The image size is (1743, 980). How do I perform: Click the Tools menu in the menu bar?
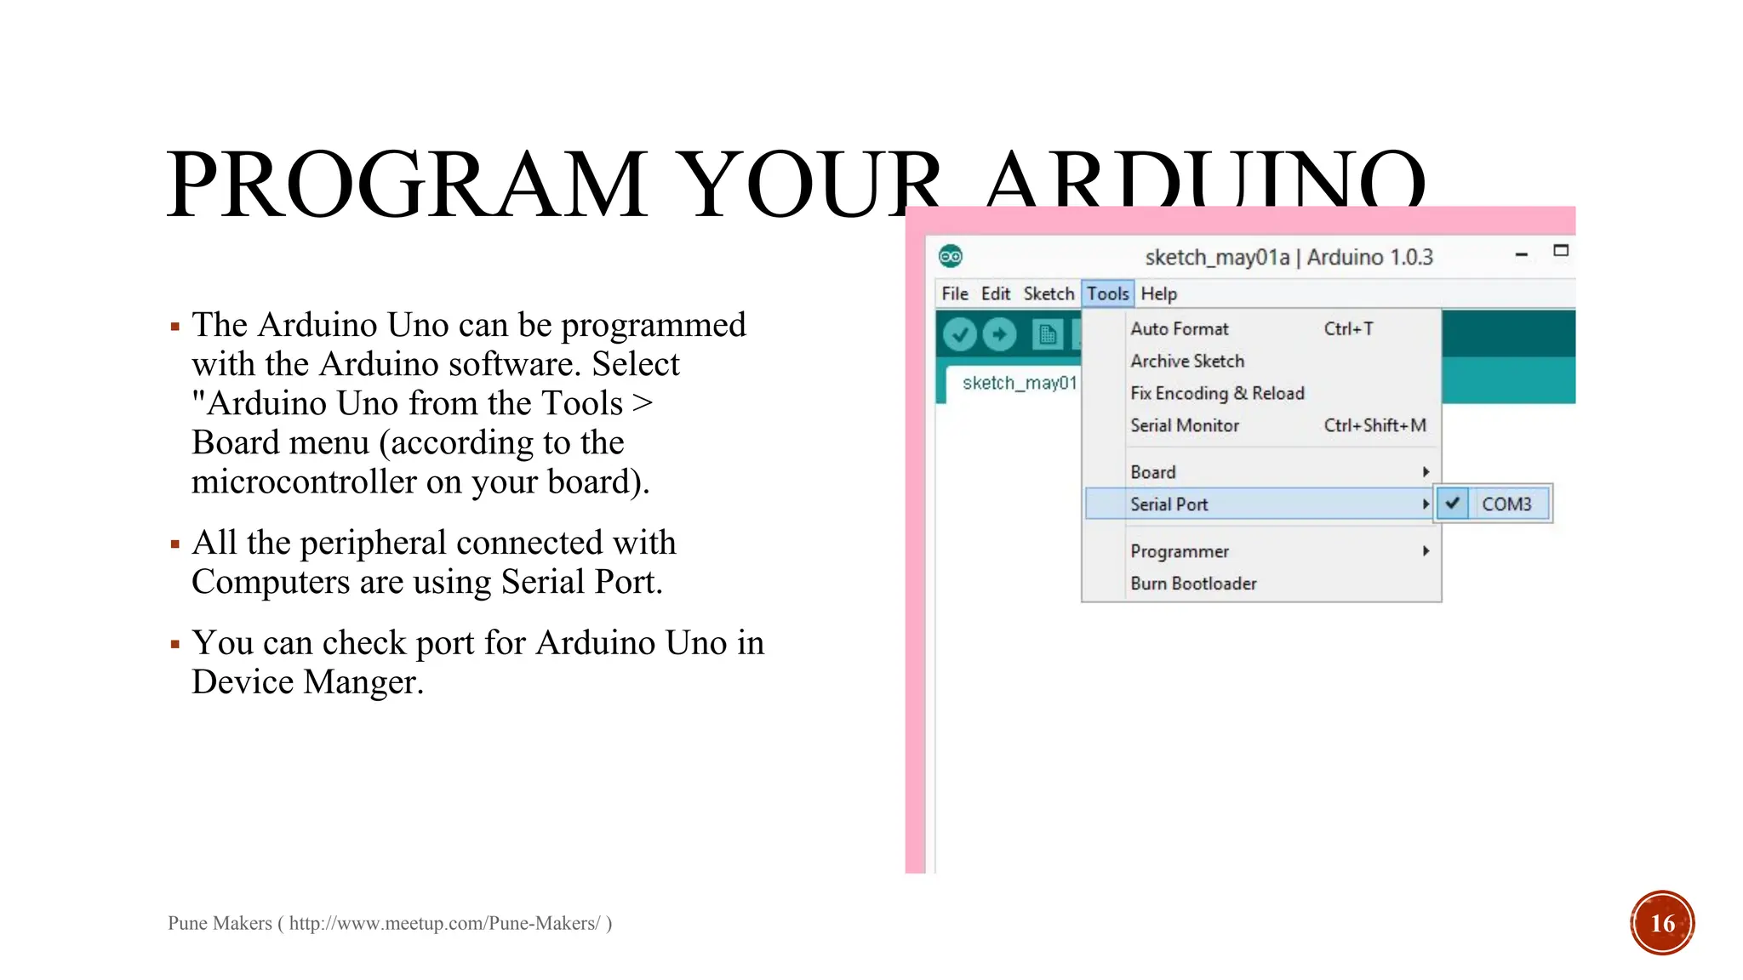(1107, 293)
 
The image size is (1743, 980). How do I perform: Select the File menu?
(954, 293)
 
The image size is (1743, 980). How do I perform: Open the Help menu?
(1158, 293)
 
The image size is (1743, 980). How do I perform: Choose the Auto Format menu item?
(1180, 329)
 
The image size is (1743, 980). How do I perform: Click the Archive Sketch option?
(1187, 362)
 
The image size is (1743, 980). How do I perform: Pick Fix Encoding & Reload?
(1217, 393)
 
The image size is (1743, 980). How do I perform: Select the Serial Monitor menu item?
(1185, 425)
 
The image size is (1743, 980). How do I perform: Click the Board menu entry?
(1153, 472)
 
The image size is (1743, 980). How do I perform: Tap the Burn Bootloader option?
(1193, 584)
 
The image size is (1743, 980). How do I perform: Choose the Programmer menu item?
(1180, 551)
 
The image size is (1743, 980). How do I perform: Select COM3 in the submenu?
(1506, 504)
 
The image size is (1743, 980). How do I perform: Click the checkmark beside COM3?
(1453, 504)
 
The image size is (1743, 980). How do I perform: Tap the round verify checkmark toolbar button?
(960, 334)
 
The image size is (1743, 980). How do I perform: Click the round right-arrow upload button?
(999, 334)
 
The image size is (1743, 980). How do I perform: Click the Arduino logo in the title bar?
(951, 256)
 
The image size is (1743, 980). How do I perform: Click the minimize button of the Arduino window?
(1522, 254)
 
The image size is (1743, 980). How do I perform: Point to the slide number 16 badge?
(1662, 923)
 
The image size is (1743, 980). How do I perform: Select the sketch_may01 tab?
(1019, 384)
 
